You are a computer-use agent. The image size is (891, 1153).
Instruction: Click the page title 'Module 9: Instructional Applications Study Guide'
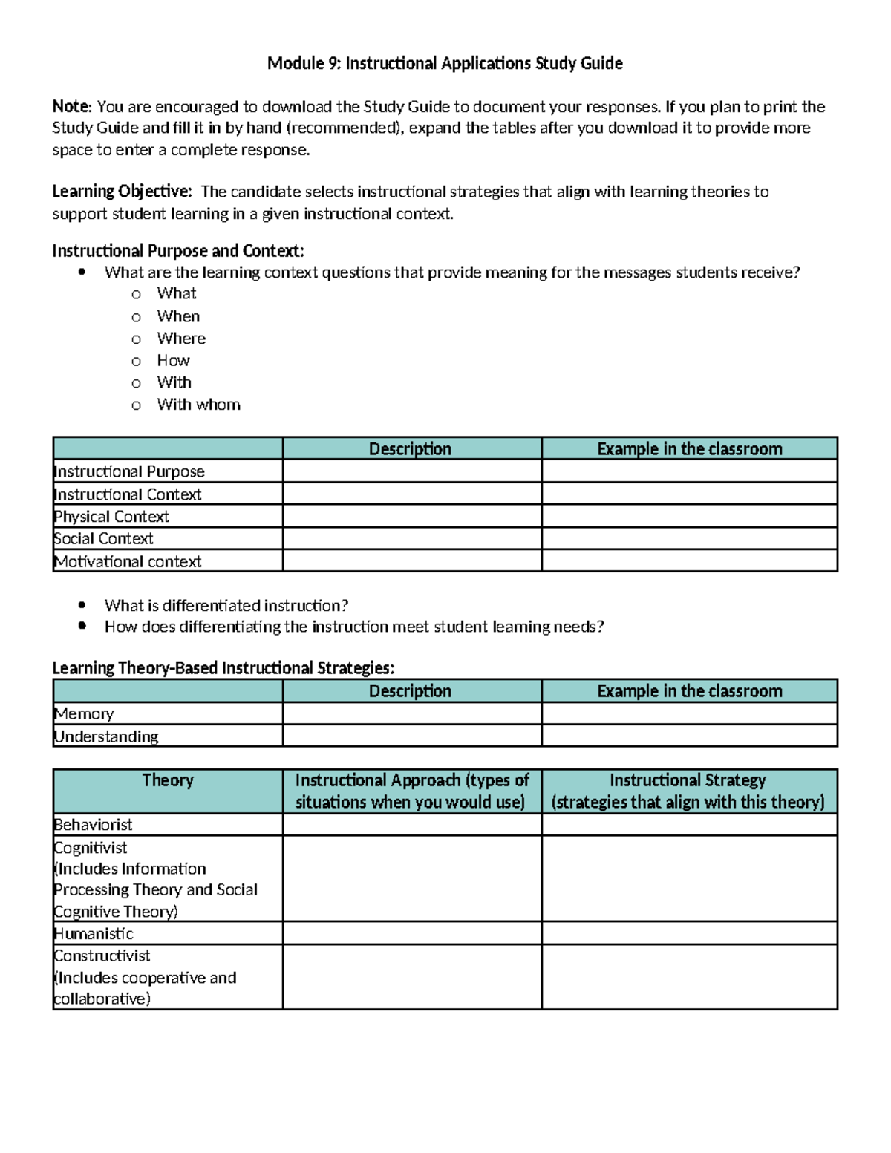pyautogui.click(x=445, y=63)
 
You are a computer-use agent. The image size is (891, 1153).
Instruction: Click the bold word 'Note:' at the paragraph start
pyautogui.click(x=71, y=106)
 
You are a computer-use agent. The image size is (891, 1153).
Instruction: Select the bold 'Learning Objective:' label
pyautogui.click(x=122, y=192)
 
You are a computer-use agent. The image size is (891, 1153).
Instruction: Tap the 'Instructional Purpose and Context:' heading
pyautogui.click(x=178, y=250)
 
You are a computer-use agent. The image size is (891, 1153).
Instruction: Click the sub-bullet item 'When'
pyautogui.click(x=178, y=316)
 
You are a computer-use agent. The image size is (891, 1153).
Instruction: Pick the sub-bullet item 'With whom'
pyautogui.click(x=198, y=405)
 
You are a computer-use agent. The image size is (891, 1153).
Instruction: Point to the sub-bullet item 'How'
pyautogui.click(x=173, y=361)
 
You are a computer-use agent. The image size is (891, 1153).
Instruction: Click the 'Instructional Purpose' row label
pyautogui.click(x=129, y=471)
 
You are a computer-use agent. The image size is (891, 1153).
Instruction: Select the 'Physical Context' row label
pyautogui.click(x=111, y=517)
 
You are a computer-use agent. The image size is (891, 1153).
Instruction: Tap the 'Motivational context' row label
pyautogui.click(x=128, y=561)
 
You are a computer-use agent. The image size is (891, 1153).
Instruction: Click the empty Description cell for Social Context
pyautogui.click(x=411, y=539)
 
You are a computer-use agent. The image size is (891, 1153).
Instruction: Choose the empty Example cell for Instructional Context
pyautogui.click(x=689, y=494)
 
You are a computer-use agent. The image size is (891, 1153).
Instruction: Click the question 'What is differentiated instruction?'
pyautogui.click(x=226, y=605)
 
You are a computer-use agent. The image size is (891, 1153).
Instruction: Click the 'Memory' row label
pyautogui.click(x=84, y=713)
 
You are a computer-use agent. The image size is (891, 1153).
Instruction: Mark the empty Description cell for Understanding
pyautogui.click(x=411, y=736)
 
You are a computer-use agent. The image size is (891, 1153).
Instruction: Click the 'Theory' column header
pyautogui.click(x=168, y=780)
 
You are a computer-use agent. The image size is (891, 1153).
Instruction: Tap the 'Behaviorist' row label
pyautogui.click(x=93, y=825)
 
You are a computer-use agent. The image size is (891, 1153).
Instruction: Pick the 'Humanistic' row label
pyautogui.click(x=94, y=933)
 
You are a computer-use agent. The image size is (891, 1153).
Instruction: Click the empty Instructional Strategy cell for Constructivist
pyautogui.click(x=689, y=977)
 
